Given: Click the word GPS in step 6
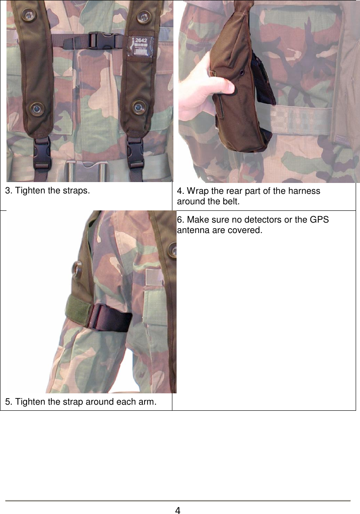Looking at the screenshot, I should [320, 220].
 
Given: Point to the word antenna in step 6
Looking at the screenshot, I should [193, 230].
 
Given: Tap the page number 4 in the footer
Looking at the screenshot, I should [178, 510].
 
